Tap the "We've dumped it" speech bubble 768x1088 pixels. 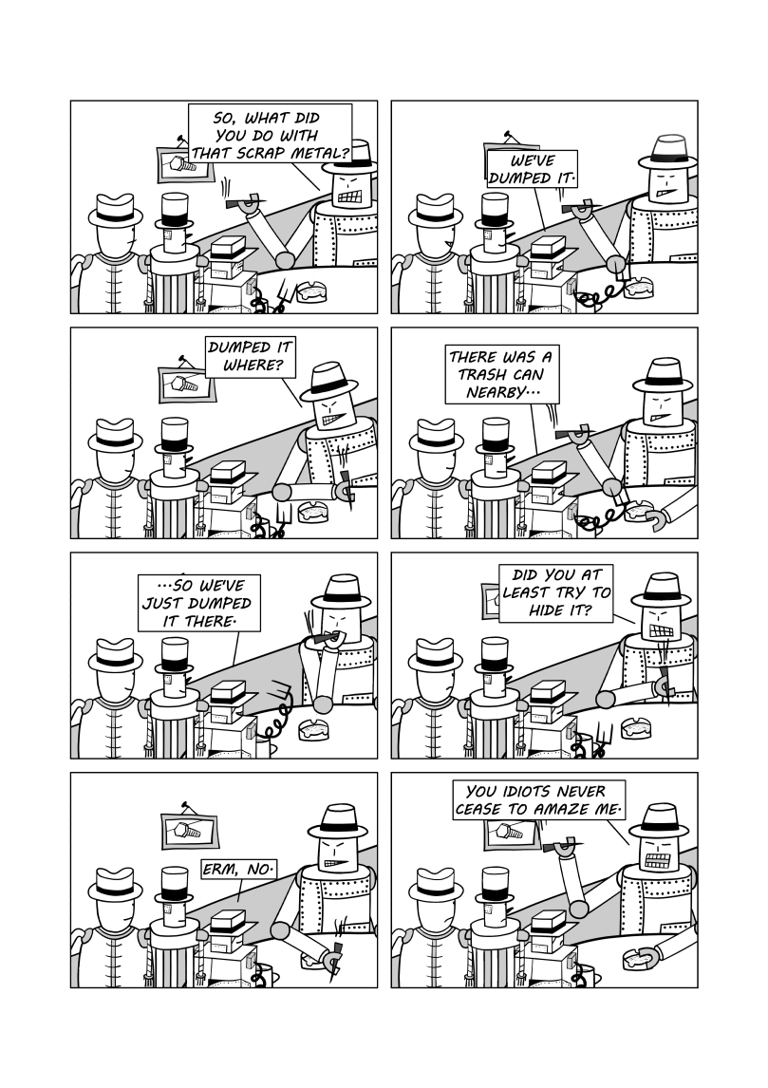[532, 169]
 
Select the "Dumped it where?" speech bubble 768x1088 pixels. [251, 356]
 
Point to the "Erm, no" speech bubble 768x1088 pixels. [238, 868]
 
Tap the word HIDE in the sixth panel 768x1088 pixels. [545, 610]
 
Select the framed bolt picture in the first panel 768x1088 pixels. [183, 163]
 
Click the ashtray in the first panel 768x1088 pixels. [311, 291]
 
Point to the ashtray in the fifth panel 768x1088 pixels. [313, 728]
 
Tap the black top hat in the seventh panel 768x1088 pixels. [174, 885]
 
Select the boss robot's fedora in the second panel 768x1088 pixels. [666, 151]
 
